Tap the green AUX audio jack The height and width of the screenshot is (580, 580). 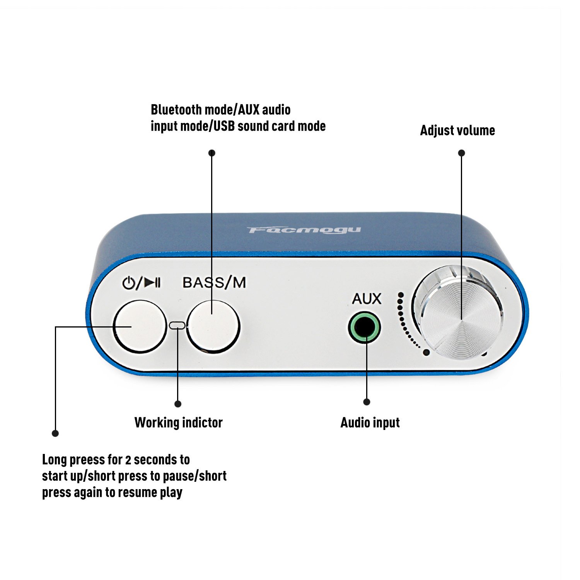(x=364, y=328)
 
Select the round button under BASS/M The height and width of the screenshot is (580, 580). (x=213, y=327)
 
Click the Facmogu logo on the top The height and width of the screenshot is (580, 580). (x=304, y=230)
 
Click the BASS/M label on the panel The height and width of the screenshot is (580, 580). (x=214, y=283)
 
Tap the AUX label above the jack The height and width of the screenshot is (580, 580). (x=366, y=299)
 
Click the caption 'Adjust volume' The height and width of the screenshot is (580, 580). (x=457, y=131)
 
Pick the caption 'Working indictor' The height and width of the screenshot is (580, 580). (x=178, y=423)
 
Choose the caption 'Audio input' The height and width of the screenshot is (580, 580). (x=370, y=423)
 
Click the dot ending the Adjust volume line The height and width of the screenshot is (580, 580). (x=461, y=153)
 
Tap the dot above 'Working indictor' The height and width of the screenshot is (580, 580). (x=178, y=404)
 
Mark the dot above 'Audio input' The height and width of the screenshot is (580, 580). (x=367, y=402)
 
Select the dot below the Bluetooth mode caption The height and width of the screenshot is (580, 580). (x=212, y=153)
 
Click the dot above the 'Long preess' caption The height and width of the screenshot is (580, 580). (x=55, y=433)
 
